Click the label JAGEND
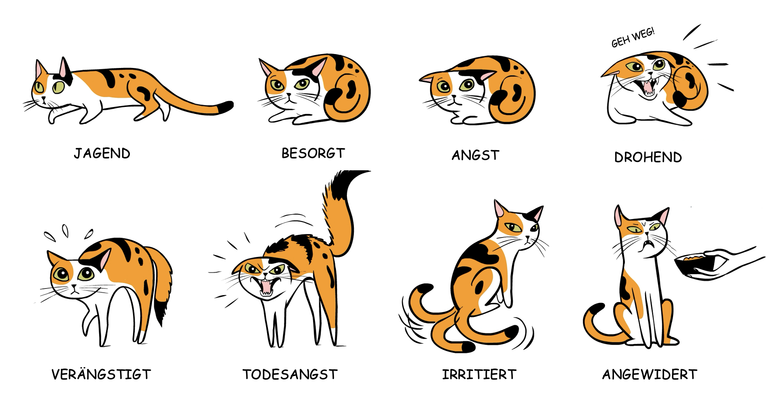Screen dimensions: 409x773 [x=102, y=153]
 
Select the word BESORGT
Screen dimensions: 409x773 [x=313, y=153]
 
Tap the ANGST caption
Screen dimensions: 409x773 [x=475, y=156]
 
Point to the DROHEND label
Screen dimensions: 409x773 [x=648, y=157]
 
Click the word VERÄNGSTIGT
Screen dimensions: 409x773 [x=101, y=374]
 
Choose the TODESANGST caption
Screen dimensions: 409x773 [x=290, y=374]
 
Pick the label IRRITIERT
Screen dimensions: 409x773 [x=479, y=374]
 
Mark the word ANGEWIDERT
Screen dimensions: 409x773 [x=649, y=374]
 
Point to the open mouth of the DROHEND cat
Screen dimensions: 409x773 [x=648, y=87]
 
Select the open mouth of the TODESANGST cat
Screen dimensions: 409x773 [x=266, y=287]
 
